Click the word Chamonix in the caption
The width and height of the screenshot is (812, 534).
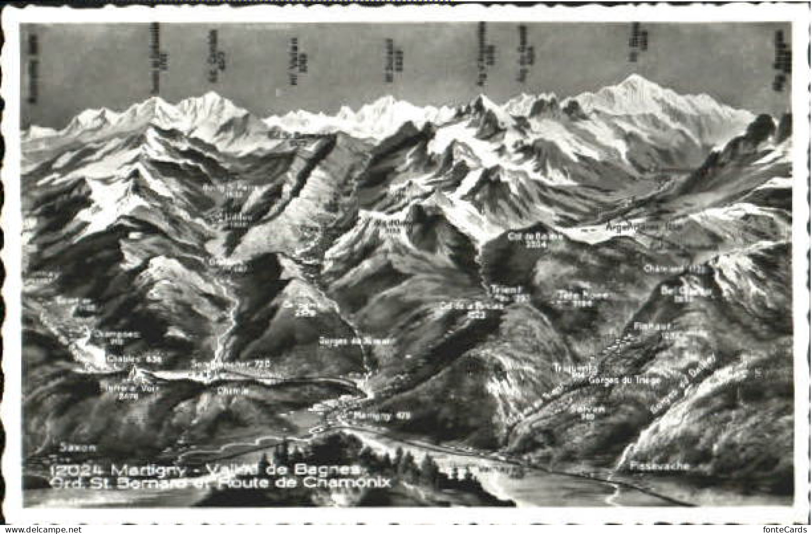349,483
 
